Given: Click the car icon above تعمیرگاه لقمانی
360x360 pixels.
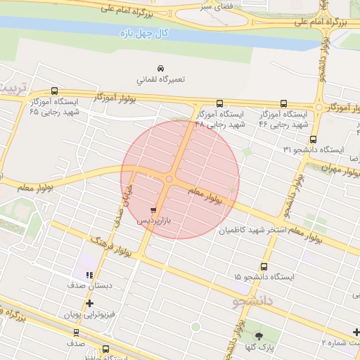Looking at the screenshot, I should (x=161, y=68).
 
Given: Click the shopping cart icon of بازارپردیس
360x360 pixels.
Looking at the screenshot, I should (x=153, y=210).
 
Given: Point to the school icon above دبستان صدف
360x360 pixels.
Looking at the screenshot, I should (x=89, y=275).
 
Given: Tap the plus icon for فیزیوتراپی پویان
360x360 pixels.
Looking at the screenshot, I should (x=89, y=303).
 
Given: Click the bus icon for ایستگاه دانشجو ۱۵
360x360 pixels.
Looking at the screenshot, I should (x=264, y=266).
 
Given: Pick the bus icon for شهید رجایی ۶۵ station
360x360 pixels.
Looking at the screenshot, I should (x=55, y=91).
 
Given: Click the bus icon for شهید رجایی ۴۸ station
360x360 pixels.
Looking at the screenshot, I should (x=220, y=103).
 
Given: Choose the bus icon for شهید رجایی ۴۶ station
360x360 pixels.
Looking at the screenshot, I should (x=284, y=103).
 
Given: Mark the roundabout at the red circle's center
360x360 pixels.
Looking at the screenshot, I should (x=169, y=180).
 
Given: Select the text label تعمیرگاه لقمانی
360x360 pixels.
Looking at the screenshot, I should (x=160, y=79).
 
